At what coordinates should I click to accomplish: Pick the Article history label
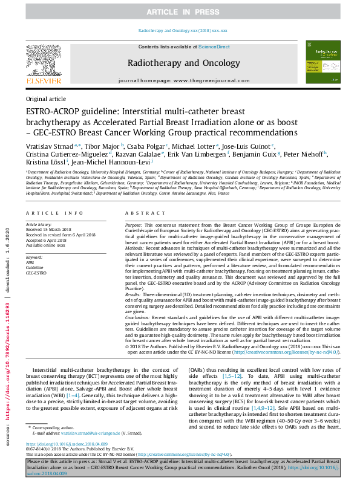pyautogui.click(x=39, y=224)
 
